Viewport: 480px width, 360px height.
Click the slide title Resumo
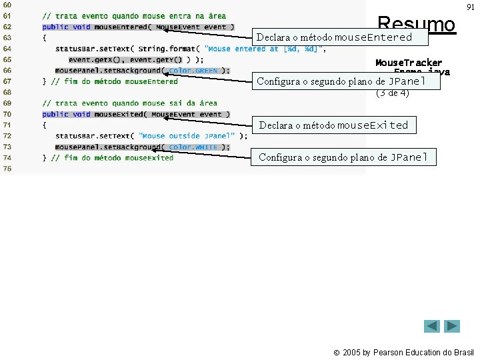pos(416,25)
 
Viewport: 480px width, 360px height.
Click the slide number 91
pos(471,7)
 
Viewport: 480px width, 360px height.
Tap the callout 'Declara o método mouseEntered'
pos(334,37)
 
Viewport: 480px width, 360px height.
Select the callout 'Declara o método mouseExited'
pos(333,125)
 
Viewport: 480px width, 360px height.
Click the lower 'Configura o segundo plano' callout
pos(347,157)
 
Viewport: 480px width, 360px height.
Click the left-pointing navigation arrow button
pos(432,326)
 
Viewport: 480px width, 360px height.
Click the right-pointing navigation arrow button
pos(453,326)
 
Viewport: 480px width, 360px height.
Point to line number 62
pos(7,27)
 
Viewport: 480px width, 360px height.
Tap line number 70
pos(7,114)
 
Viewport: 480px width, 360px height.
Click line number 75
pos(7,169)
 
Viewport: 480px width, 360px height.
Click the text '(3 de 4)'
pos(393,93)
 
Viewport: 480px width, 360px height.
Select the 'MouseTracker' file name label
pos(409,63)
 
